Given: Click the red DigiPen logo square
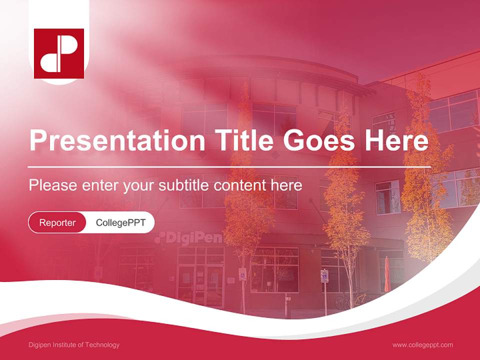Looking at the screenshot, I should click(59, 53).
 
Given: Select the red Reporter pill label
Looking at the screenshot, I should click(57, 222).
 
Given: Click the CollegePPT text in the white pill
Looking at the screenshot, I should click(120, 222).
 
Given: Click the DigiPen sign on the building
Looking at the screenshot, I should click(188, 238).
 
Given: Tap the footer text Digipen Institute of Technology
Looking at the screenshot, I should click(74, 345).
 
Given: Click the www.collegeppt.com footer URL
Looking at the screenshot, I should click(422, 345).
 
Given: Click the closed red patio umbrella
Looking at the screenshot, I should click(387, 274).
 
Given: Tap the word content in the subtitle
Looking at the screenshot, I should click(239, 185).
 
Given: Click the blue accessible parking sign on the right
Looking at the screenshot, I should click(324, 275).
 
